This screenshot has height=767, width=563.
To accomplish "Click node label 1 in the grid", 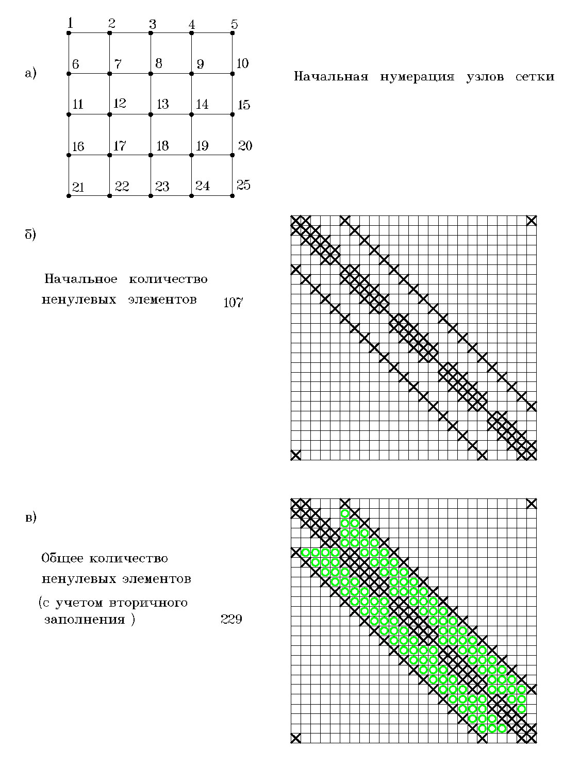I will click(70, 23).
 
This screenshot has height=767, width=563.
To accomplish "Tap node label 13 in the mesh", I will click(162, 104).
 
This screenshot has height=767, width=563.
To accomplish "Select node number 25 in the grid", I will click(243, 185).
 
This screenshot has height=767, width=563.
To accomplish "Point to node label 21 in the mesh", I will click(78, 187).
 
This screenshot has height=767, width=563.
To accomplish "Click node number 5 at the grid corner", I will click(234, 24).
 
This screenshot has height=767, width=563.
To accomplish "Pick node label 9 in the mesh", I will click(201, 64).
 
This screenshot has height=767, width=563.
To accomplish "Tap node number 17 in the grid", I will click(120, 145).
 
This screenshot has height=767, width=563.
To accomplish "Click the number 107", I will click(233, 303).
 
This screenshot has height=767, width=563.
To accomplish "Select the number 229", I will click(231, 619).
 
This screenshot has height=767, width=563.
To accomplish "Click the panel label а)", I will click(31, 74).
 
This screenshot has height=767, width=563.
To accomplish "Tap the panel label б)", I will click(31, 235).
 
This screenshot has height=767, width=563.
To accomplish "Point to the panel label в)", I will click(31, 518).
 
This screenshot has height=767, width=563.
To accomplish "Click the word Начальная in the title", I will click(331, 77).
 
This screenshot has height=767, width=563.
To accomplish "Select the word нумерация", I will click(417, 77).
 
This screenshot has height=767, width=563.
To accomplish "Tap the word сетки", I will click(535, 77).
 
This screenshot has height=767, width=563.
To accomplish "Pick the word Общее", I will click(61, 558).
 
